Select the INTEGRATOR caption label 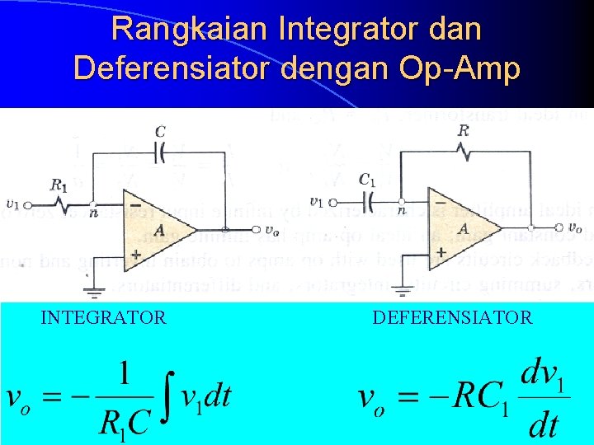(104, 317)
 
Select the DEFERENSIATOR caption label (452, 317)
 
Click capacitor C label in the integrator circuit (159, 131)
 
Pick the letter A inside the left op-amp (158, 230)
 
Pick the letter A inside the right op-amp (464, 228)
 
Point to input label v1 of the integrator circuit (12, 204)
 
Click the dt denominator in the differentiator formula (542, 425)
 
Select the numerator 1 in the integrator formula (125, 374)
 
